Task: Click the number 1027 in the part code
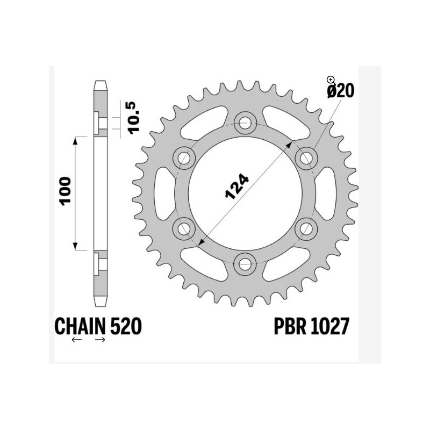(329, 326)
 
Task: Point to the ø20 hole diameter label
(339, 91)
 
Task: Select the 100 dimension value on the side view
(65, 191)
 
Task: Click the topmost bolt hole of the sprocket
(246, 121)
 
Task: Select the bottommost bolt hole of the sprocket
(246, 263)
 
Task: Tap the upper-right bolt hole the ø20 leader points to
(307, 157)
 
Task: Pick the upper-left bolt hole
(185, 157)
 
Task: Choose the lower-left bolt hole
(185, 228)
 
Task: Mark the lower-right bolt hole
(307, 228)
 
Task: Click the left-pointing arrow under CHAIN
(76, 340)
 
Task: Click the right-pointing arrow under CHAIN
(100, 340)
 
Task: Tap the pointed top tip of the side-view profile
(100, 82)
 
